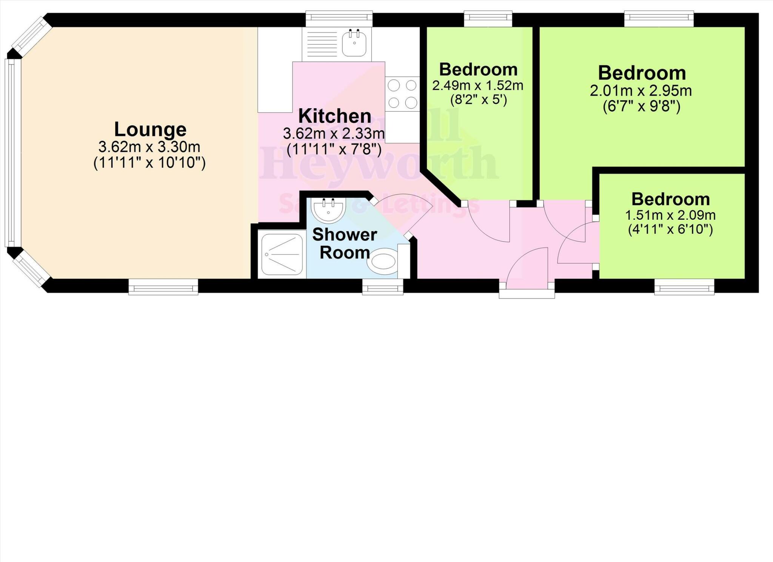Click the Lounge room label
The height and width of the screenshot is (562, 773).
pos(150,129)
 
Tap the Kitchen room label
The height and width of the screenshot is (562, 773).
pos(334,116)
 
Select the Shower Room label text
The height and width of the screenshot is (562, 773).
pos(345,243)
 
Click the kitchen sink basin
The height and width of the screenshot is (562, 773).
pos(354,43)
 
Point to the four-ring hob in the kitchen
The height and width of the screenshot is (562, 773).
pos(402,94)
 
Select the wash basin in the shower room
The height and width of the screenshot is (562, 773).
pos(328,209)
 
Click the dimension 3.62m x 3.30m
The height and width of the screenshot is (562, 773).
pos(149,146)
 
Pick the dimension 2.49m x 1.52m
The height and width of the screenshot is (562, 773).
pos(478,86)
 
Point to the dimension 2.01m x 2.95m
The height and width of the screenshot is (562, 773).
pos(641,91)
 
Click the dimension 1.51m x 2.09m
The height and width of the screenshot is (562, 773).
pos(670,215)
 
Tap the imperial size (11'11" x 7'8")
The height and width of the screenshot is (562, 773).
pos(334,150)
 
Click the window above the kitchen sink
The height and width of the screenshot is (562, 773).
pos(339,19)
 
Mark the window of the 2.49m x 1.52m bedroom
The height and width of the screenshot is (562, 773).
pos(488,19)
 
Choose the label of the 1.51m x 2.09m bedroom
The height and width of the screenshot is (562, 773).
pos(670,199)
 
